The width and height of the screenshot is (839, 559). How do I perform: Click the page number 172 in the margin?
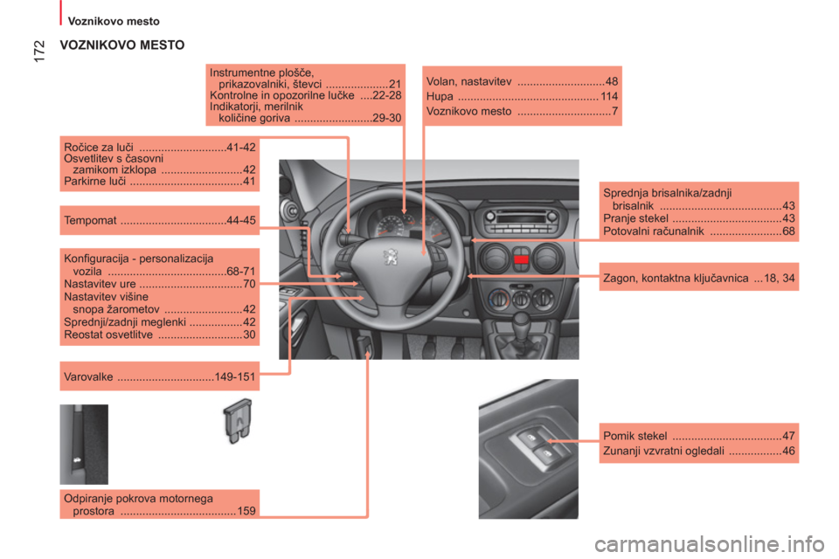(39, 52)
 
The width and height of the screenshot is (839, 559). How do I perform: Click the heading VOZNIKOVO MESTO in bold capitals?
(122, 45)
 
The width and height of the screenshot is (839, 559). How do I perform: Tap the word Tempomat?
(90, 220)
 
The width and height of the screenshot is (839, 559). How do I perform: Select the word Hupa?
(440, 97)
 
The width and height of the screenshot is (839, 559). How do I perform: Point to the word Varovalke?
(88, 377)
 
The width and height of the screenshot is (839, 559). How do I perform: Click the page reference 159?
(246, 511)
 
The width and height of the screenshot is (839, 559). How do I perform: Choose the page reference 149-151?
(235, 377)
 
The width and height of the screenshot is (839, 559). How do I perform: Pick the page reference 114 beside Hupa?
(609, 97)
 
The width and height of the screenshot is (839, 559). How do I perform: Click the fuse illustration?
(237, 421)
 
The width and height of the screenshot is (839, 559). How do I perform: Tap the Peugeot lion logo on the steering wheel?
(392, 257)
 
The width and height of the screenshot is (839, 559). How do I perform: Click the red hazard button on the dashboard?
(521, 259)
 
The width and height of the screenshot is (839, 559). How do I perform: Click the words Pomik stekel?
(635, 436)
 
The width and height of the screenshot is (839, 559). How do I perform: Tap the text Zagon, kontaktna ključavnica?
(676, 278)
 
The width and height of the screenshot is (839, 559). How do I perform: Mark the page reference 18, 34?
(780, 278)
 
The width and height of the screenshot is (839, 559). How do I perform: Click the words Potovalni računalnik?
(654, 231)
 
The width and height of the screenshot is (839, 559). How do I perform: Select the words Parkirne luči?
(94, 182)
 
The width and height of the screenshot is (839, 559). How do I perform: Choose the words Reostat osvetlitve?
(108, 335)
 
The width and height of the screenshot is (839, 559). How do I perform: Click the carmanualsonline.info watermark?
(710, 544)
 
